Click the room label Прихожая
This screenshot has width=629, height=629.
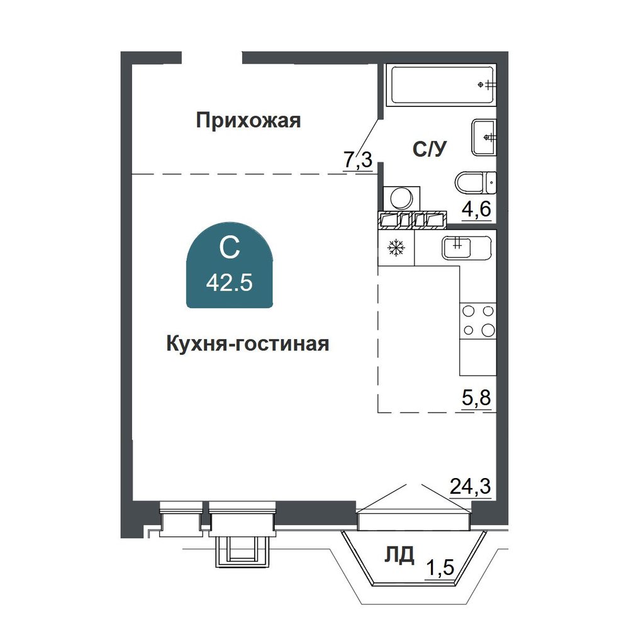click(248, 120)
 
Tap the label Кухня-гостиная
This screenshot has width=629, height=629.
click(247, 344)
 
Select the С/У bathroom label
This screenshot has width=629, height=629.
click(429, 149)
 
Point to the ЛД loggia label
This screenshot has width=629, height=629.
click(399, 555)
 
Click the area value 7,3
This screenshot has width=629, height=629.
click(358, 160)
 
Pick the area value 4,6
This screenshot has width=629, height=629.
click(477, 209)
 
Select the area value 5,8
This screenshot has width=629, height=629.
click(477, 398)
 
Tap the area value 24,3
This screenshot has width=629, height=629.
click(470, 487)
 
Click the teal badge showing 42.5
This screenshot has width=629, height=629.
click(230, 265)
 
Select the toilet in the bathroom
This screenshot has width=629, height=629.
click(476, 183)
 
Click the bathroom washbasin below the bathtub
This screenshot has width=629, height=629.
click(484, 137)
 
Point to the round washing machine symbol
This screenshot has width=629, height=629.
click(401, 198)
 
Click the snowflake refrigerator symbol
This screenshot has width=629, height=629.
click(396, 247)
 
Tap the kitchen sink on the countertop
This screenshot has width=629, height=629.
click(467, 247)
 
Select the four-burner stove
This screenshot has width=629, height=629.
click(478, 321)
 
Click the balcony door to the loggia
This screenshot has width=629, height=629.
click(414, 520)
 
